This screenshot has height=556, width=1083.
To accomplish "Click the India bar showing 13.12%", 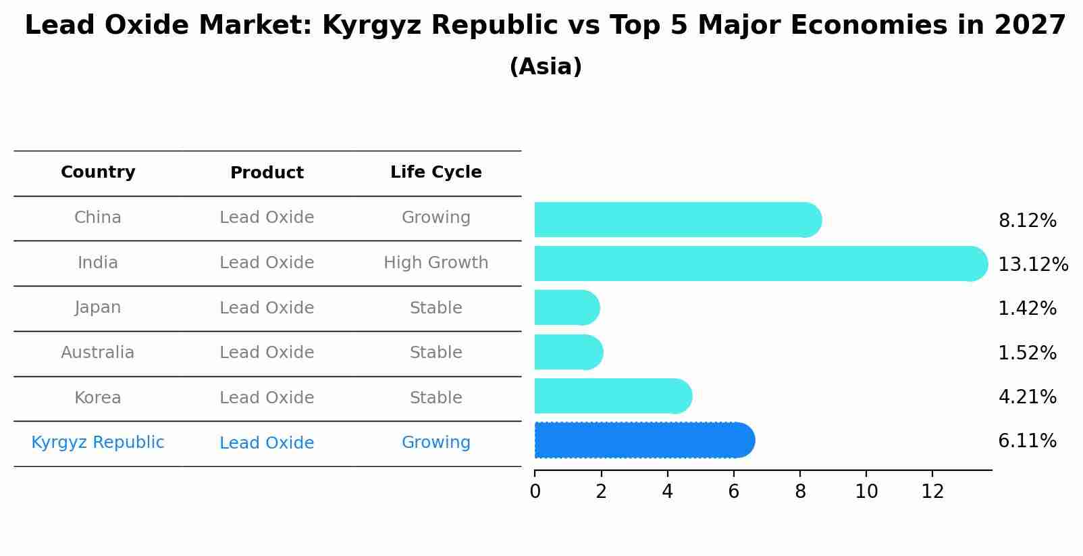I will click(760, 263).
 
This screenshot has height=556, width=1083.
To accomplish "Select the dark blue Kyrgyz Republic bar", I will click(643, 440).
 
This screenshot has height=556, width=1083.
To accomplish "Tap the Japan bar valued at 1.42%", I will click(566, 308).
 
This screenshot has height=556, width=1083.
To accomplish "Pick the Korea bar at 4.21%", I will click(612, 397).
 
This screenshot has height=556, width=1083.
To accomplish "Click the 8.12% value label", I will click(1027, 221).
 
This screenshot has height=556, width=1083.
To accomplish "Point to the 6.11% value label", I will click(1027, 441).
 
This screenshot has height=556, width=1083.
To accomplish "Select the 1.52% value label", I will click(1027, 353).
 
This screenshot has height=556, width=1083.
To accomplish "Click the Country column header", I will click(98, 172).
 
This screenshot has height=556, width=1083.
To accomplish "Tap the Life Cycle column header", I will click(435, 172).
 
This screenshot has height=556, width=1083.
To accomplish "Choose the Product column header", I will click(267, 173).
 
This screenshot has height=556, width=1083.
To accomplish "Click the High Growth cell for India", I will click(435, 263).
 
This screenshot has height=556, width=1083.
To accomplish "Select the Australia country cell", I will click(98, 353).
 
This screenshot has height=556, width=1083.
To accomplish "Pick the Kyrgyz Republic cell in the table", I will click(98, 443).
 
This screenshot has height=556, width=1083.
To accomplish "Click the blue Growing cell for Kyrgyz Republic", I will click(435, 443).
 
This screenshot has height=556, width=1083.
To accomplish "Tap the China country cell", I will click(98, 218).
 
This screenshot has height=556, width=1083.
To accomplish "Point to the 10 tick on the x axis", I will click(866, 492).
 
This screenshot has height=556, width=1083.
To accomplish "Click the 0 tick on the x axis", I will click(535, 492).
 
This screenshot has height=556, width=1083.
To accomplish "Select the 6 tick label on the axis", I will click(734, 492).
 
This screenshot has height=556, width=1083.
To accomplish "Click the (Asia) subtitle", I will click(546, 67).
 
